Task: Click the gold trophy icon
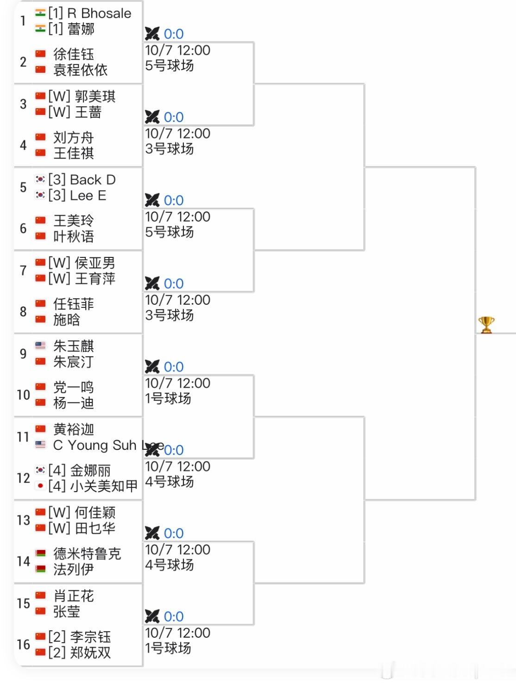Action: (x=486, y=325)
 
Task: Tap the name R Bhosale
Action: (x=99, y=13)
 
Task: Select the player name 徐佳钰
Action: (x=73, y=54)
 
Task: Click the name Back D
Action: (x=93, y=179)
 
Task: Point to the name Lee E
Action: (x=88, y=195)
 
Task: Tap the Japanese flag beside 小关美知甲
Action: (x=40, y=486)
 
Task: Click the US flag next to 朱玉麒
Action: (x=40, y=345)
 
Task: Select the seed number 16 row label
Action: (x=23, y=644)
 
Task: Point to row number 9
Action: (x=23, y=353)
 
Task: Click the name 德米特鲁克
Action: (x=87, y=554)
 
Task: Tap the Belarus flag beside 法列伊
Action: (x=40, y=569)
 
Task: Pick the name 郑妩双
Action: (x=90, y=652)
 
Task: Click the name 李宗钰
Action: (x=90, y=637)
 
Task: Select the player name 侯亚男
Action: (x=95, y=263)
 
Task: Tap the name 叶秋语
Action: (x=73, y=237)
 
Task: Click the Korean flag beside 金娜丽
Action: (x=40, y=470)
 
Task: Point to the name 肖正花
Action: (x=73, y=596)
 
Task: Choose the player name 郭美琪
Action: (x=95, y=96)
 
